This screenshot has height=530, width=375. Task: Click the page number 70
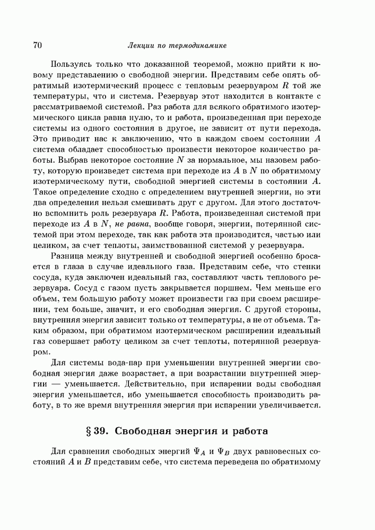(x=38, y=46)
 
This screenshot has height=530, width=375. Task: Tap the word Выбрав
(x=72, y=160)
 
